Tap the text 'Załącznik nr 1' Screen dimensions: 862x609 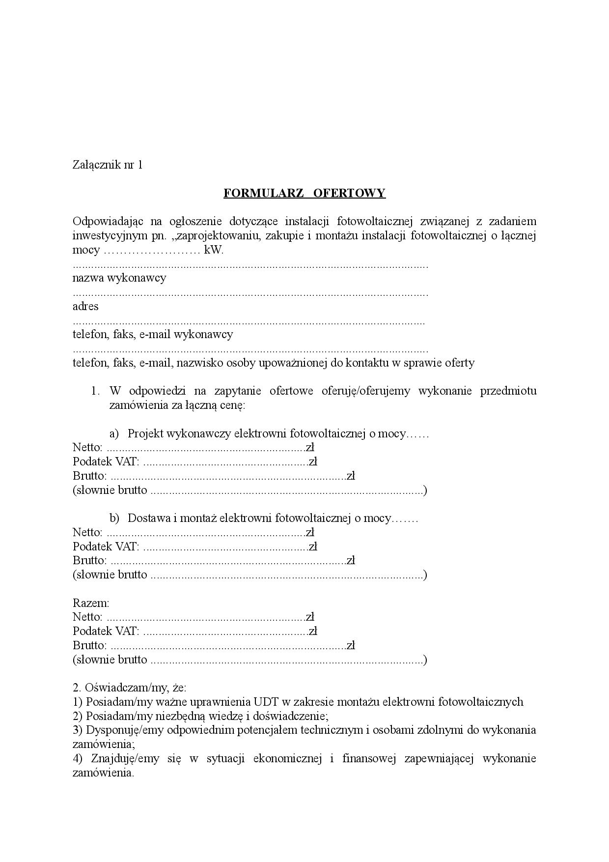[108, 165]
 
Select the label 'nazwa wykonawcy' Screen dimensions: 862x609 [119, 278]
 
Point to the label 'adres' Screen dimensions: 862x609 [85, 307]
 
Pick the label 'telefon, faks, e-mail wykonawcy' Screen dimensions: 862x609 [153, 335]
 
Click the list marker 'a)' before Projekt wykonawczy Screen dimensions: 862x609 [114, 434]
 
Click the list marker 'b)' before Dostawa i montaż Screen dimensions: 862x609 [114, 518]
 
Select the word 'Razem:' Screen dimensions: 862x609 [91, 603]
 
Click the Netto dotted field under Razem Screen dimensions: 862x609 [206, 617]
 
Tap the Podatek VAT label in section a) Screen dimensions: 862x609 [106, 462]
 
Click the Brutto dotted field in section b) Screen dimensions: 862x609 [228, 561]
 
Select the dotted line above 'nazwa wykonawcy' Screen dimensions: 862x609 [250, 266]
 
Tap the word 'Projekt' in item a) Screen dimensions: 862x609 [146, 434]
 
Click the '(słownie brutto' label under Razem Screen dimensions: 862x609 [110, 660]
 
